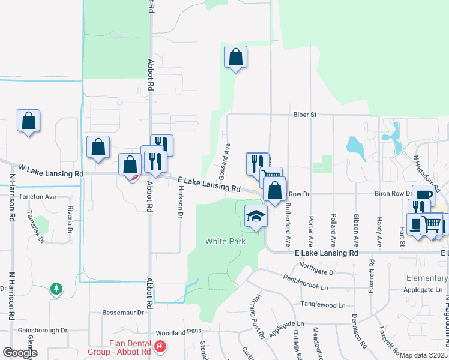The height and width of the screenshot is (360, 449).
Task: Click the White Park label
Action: pyautogui.click(x=225, y=241)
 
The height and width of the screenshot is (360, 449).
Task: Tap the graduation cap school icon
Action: pyautogui.click(x=256, y=216)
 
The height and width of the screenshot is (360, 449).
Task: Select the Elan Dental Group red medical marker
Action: pyautogui.click(x=160, y=347)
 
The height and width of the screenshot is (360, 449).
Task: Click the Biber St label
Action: pyautogui.click(x=304, y=114)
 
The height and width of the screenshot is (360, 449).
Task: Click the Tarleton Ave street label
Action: pyautogui.click(x=37, y=196)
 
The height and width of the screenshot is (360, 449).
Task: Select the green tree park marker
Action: pyautogui.click(x=56, y=289)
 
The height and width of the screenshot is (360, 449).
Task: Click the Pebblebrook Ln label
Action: pyautogui.click(x=306, y=280)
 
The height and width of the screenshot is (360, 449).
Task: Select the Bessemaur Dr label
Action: pyautogui.click(x=124, y=312)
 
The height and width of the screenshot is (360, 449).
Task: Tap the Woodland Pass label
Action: pyautogui.click(x=176, y=332)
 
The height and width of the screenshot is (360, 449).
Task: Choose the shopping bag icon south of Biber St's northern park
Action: pyautogui.click(x=236, y=58)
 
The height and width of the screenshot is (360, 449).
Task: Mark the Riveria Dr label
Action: pyautogui.click(x=70, y=220)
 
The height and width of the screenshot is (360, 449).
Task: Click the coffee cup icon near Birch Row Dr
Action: pyautogui.click(x=423, y=196)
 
